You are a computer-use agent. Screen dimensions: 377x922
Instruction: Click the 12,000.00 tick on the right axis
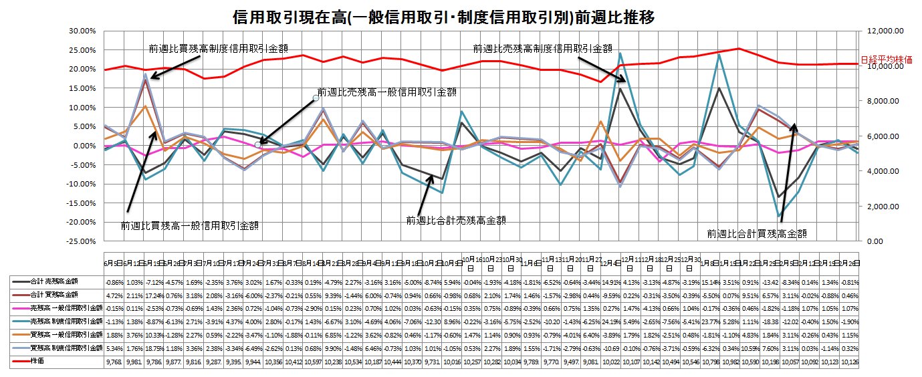(x=887, y=31)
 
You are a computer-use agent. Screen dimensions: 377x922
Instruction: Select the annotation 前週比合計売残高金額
(x=456, y=219)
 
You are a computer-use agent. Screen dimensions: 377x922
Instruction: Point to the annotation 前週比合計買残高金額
(x=756, y=233)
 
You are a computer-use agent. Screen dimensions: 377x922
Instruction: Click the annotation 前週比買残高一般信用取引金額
(x=189, y=226)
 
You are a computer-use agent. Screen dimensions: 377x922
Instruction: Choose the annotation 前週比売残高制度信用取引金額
(x=542, y=48)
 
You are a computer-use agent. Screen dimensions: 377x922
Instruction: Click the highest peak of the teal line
(x=620, y=53)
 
